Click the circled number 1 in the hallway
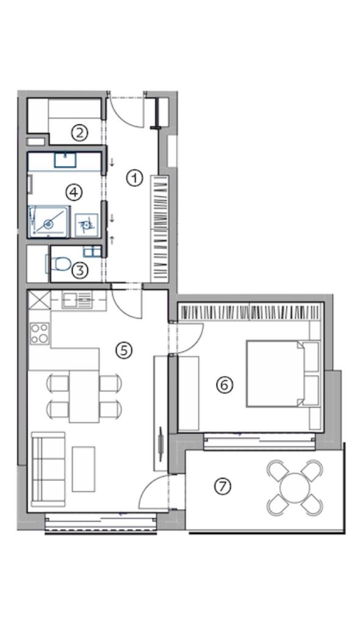[135, 178]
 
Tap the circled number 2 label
[80, 132]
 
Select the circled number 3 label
[80, 270]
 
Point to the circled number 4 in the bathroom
[74, 192]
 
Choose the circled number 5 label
[124, 350]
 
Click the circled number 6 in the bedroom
[224, 385]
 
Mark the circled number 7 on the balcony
[223, 486]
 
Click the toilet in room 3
[58, 264]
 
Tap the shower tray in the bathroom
[49, 222]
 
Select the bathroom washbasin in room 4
[65, 161]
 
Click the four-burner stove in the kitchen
[40, 333]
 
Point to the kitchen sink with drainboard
[77, 299]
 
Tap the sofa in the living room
[48, 469]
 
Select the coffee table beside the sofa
[84, 469]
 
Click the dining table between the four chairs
[84, 396]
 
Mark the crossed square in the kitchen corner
[40, 300]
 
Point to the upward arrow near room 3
[112, 240]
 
